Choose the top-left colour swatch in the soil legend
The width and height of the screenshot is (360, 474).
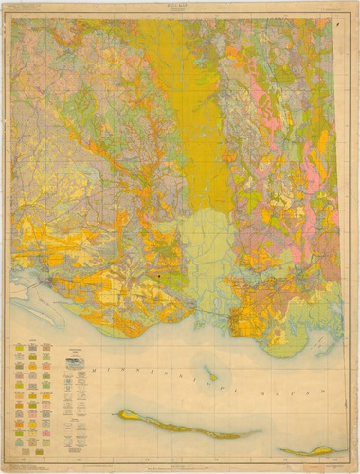19,347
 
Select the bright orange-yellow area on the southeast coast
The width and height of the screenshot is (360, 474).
251,322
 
